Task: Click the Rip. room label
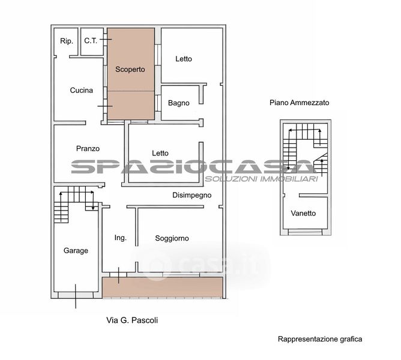(x=67, y=41)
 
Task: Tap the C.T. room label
(x=91, y=41)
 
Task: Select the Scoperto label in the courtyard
(x=130, y=69)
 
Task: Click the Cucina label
(x=81, y=90)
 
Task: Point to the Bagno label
(x=178, y=103)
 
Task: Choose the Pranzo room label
(x=88, y=149)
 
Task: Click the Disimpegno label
(x=192, y=196)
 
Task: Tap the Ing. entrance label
(x=120, y=238)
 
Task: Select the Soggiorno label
(x=172, y=238)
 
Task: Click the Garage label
(x=76, y=251)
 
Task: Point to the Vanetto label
(x=303, y=213)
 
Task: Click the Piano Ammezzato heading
(x=299, y=103)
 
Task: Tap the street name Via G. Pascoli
(x=132, y=320)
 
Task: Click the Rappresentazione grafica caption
(x=320, y=339)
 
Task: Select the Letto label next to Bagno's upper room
(x=184, y=59)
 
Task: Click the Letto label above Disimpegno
(x=160, y=153)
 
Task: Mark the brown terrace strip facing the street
(x=163, y=287)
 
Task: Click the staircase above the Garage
(x=74, y=205)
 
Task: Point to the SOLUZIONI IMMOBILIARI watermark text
(x=261, y=179)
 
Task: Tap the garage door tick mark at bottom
(x=76, y=296)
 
